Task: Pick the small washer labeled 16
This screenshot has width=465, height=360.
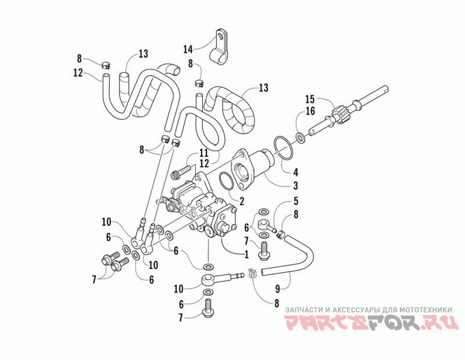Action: click(x=300, y=138)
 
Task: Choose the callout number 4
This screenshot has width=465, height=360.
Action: click(x=295, y=172)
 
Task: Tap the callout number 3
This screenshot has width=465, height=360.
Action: click(x=295, y=186)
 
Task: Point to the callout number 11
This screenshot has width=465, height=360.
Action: click(x=204, y=153)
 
